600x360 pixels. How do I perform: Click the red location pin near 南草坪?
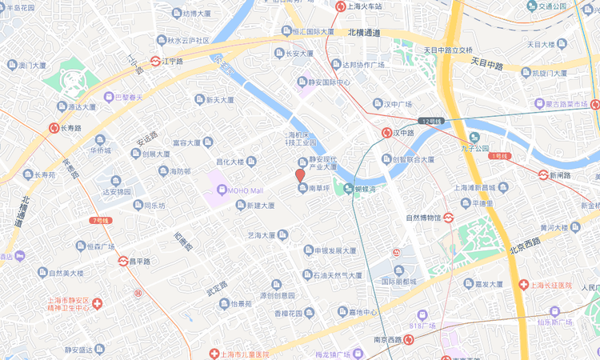click(300, 175)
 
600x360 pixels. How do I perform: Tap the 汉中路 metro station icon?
click(386, 133)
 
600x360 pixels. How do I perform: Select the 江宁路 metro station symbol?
click(156, 61)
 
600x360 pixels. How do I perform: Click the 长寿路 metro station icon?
click(54, 127)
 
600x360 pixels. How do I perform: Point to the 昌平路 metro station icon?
click(122, 261)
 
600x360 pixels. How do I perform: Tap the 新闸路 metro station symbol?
click(542, 175)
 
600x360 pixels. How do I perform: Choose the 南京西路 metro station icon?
click(409, 340)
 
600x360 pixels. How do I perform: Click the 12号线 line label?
click(430, 121)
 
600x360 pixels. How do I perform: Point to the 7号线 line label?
click(100, 219)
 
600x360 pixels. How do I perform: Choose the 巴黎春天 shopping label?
click(122, 98)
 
